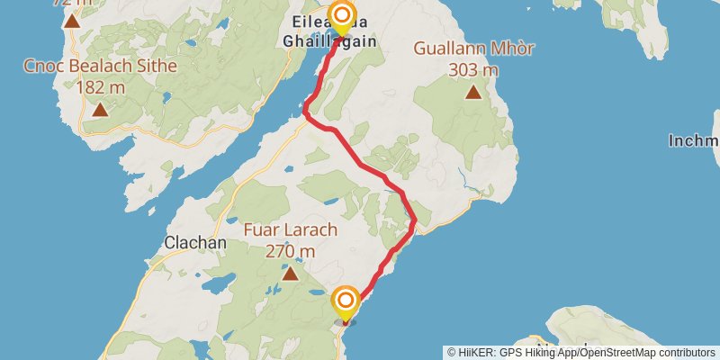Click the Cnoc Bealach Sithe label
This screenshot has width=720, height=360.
tap(100, 66)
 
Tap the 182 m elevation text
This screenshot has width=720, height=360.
tap(100, 86)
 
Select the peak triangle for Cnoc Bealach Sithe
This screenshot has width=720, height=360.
tap(100, 110)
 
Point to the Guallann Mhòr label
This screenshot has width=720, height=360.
tap(472, 49)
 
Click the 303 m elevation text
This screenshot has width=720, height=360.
tap(472, 69)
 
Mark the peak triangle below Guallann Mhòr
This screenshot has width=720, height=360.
tap(473, 91)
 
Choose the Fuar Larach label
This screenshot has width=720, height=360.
tap(290, 229)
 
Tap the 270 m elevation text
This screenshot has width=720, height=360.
tap(290, 251)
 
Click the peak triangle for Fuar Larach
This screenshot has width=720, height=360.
tap(290, 272)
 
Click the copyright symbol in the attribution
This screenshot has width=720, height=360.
tap(452, 352)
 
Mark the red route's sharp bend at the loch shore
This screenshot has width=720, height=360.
tap(306, 113)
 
